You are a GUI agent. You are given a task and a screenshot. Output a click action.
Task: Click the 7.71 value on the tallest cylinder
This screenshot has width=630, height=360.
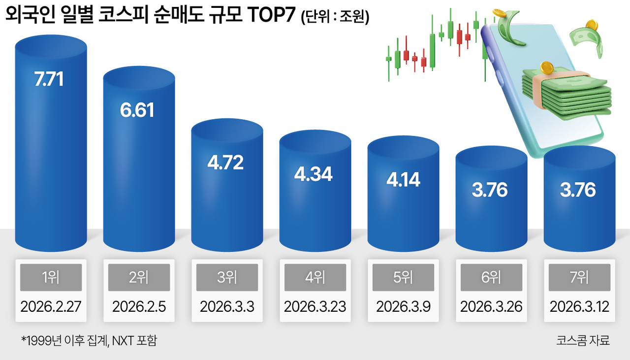[x=49, y=79]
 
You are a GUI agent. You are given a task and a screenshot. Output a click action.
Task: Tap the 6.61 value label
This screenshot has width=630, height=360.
[x=137, y=110]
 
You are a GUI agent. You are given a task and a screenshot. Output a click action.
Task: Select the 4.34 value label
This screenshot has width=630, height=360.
[x=314, y=174]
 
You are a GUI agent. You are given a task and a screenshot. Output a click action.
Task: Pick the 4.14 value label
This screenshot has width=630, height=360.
[x=403, y=179]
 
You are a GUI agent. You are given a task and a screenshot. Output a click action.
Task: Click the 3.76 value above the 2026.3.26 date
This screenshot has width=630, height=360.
[x=490, y=190]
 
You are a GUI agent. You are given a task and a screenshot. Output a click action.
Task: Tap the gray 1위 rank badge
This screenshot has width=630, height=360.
[x=51, y=277]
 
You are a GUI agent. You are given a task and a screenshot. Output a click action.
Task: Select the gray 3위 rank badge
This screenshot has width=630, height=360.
[x=227, y=277]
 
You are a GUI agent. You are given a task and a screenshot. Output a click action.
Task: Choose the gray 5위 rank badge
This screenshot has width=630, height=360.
[x=403, y=277]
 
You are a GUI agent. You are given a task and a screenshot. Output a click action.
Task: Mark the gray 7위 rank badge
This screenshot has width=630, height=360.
[x=579, y=277]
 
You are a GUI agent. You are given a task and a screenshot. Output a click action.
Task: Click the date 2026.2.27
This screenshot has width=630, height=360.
[x=51, y=307]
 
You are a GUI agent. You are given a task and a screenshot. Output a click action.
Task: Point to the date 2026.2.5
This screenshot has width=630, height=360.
[x=139, y=307]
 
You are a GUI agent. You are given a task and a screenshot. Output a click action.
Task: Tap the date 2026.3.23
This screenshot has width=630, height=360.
[x=315, y=307]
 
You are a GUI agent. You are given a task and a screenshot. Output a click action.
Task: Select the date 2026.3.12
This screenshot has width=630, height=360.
[x=579, y=307]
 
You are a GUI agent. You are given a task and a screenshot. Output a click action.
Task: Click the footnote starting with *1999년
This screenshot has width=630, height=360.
[x=89, y=340]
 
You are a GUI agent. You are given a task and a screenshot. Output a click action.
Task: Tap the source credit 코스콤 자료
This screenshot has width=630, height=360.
[x=583, y=340]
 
